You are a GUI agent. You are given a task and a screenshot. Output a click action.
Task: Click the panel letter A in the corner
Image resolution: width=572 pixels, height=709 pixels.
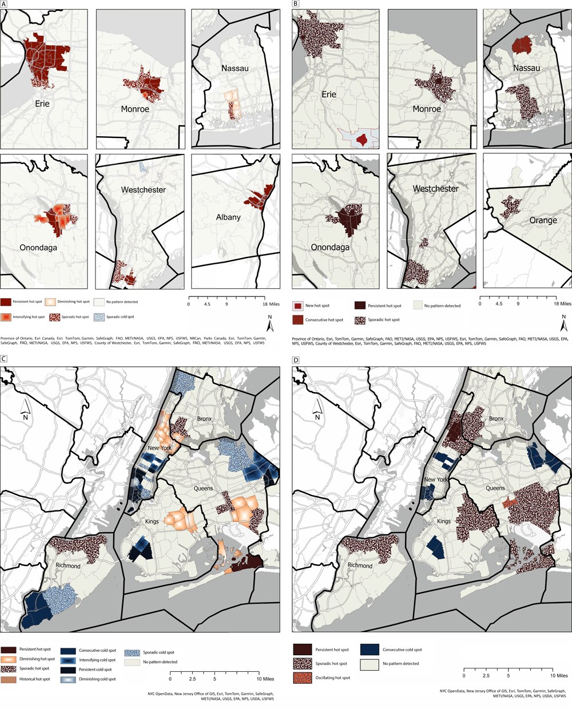[4, 3]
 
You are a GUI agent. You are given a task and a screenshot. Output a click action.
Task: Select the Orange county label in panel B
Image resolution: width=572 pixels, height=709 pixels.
[543, 220]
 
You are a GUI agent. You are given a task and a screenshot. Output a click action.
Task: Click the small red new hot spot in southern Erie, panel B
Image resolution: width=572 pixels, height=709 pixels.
[362, 139]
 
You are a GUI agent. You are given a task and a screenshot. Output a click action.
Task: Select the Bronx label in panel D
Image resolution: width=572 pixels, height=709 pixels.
[496, 419]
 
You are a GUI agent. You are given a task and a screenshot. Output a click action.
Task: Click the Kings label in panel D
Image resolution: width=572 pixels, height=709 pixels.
[444, 521]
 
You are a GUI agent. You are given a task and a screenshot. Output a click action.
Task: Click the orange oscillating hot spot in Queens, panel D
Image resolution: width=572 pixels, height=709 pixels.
[509, 502]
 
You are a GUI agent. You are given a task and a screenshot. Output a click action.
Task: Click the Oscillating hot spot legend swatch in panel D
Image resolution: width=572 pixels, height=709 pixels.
[303, 678]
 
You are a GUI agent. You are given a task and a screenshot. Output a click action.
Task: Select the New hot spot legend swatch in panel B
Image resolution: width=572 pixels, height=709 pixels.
[297, 306]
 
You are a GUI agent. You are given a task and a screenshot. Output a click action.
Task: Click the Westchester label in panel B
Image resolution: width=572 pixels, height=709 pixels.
[436, 188]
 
